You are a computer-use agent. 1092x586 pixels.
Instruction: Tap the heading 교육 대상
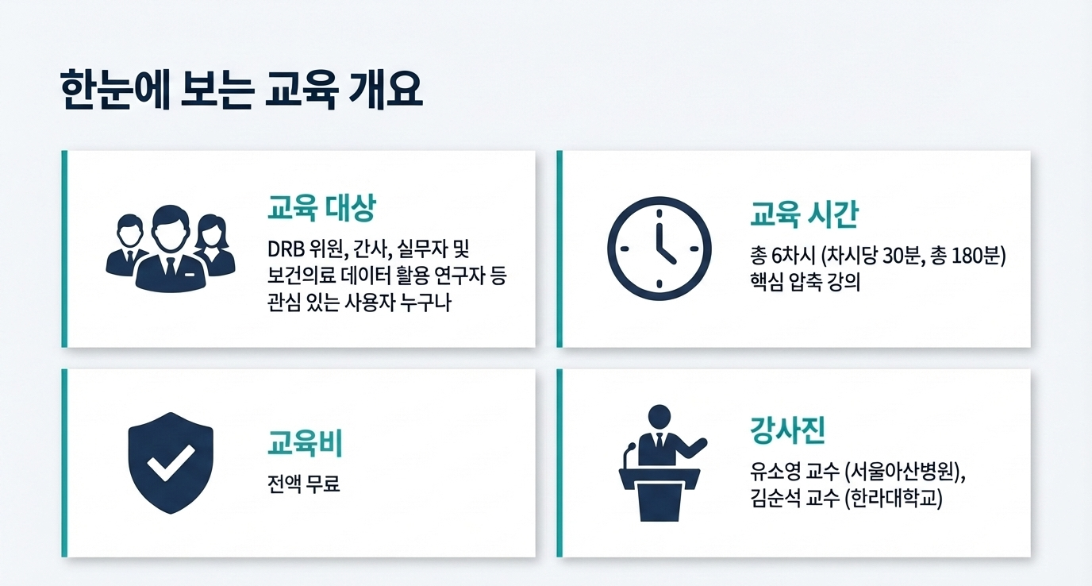click(x=321, y=208)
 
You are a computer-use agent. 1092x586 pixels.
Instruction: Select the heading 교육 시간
click(x=804, y=214)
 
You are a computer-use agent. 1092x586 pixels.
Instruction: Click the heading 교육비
click(x=306, y=444)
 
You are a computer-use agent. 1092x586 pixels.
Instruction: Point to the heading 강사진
click(x=787, y=430)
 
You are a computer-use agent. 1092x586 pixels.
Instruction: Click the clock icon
click(x=659, y=249)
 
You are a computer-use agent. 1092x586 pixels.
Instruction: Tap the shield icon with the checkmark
click(x=171, y=463)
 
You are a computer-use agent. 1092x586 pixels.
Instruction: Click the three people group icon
click(x=171, y=249)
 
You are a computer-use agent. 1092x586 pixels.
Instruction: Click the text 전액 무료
click(x=303, y=484)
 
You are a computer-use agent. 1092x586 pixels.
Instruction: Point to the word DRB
click(x=286, y=249)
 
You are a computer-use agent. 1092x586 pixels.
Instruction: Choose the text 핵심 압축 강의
click(x=805, y=282)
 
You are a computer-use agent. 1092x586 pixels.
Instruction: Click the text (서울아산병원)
click(x=902, y=472)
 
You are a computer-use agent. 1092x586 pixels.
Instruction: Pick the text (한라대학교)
click(x=893, y=499)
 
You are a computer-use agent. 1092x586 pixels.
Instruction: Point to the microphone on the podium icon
click(x=629, y=456)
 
